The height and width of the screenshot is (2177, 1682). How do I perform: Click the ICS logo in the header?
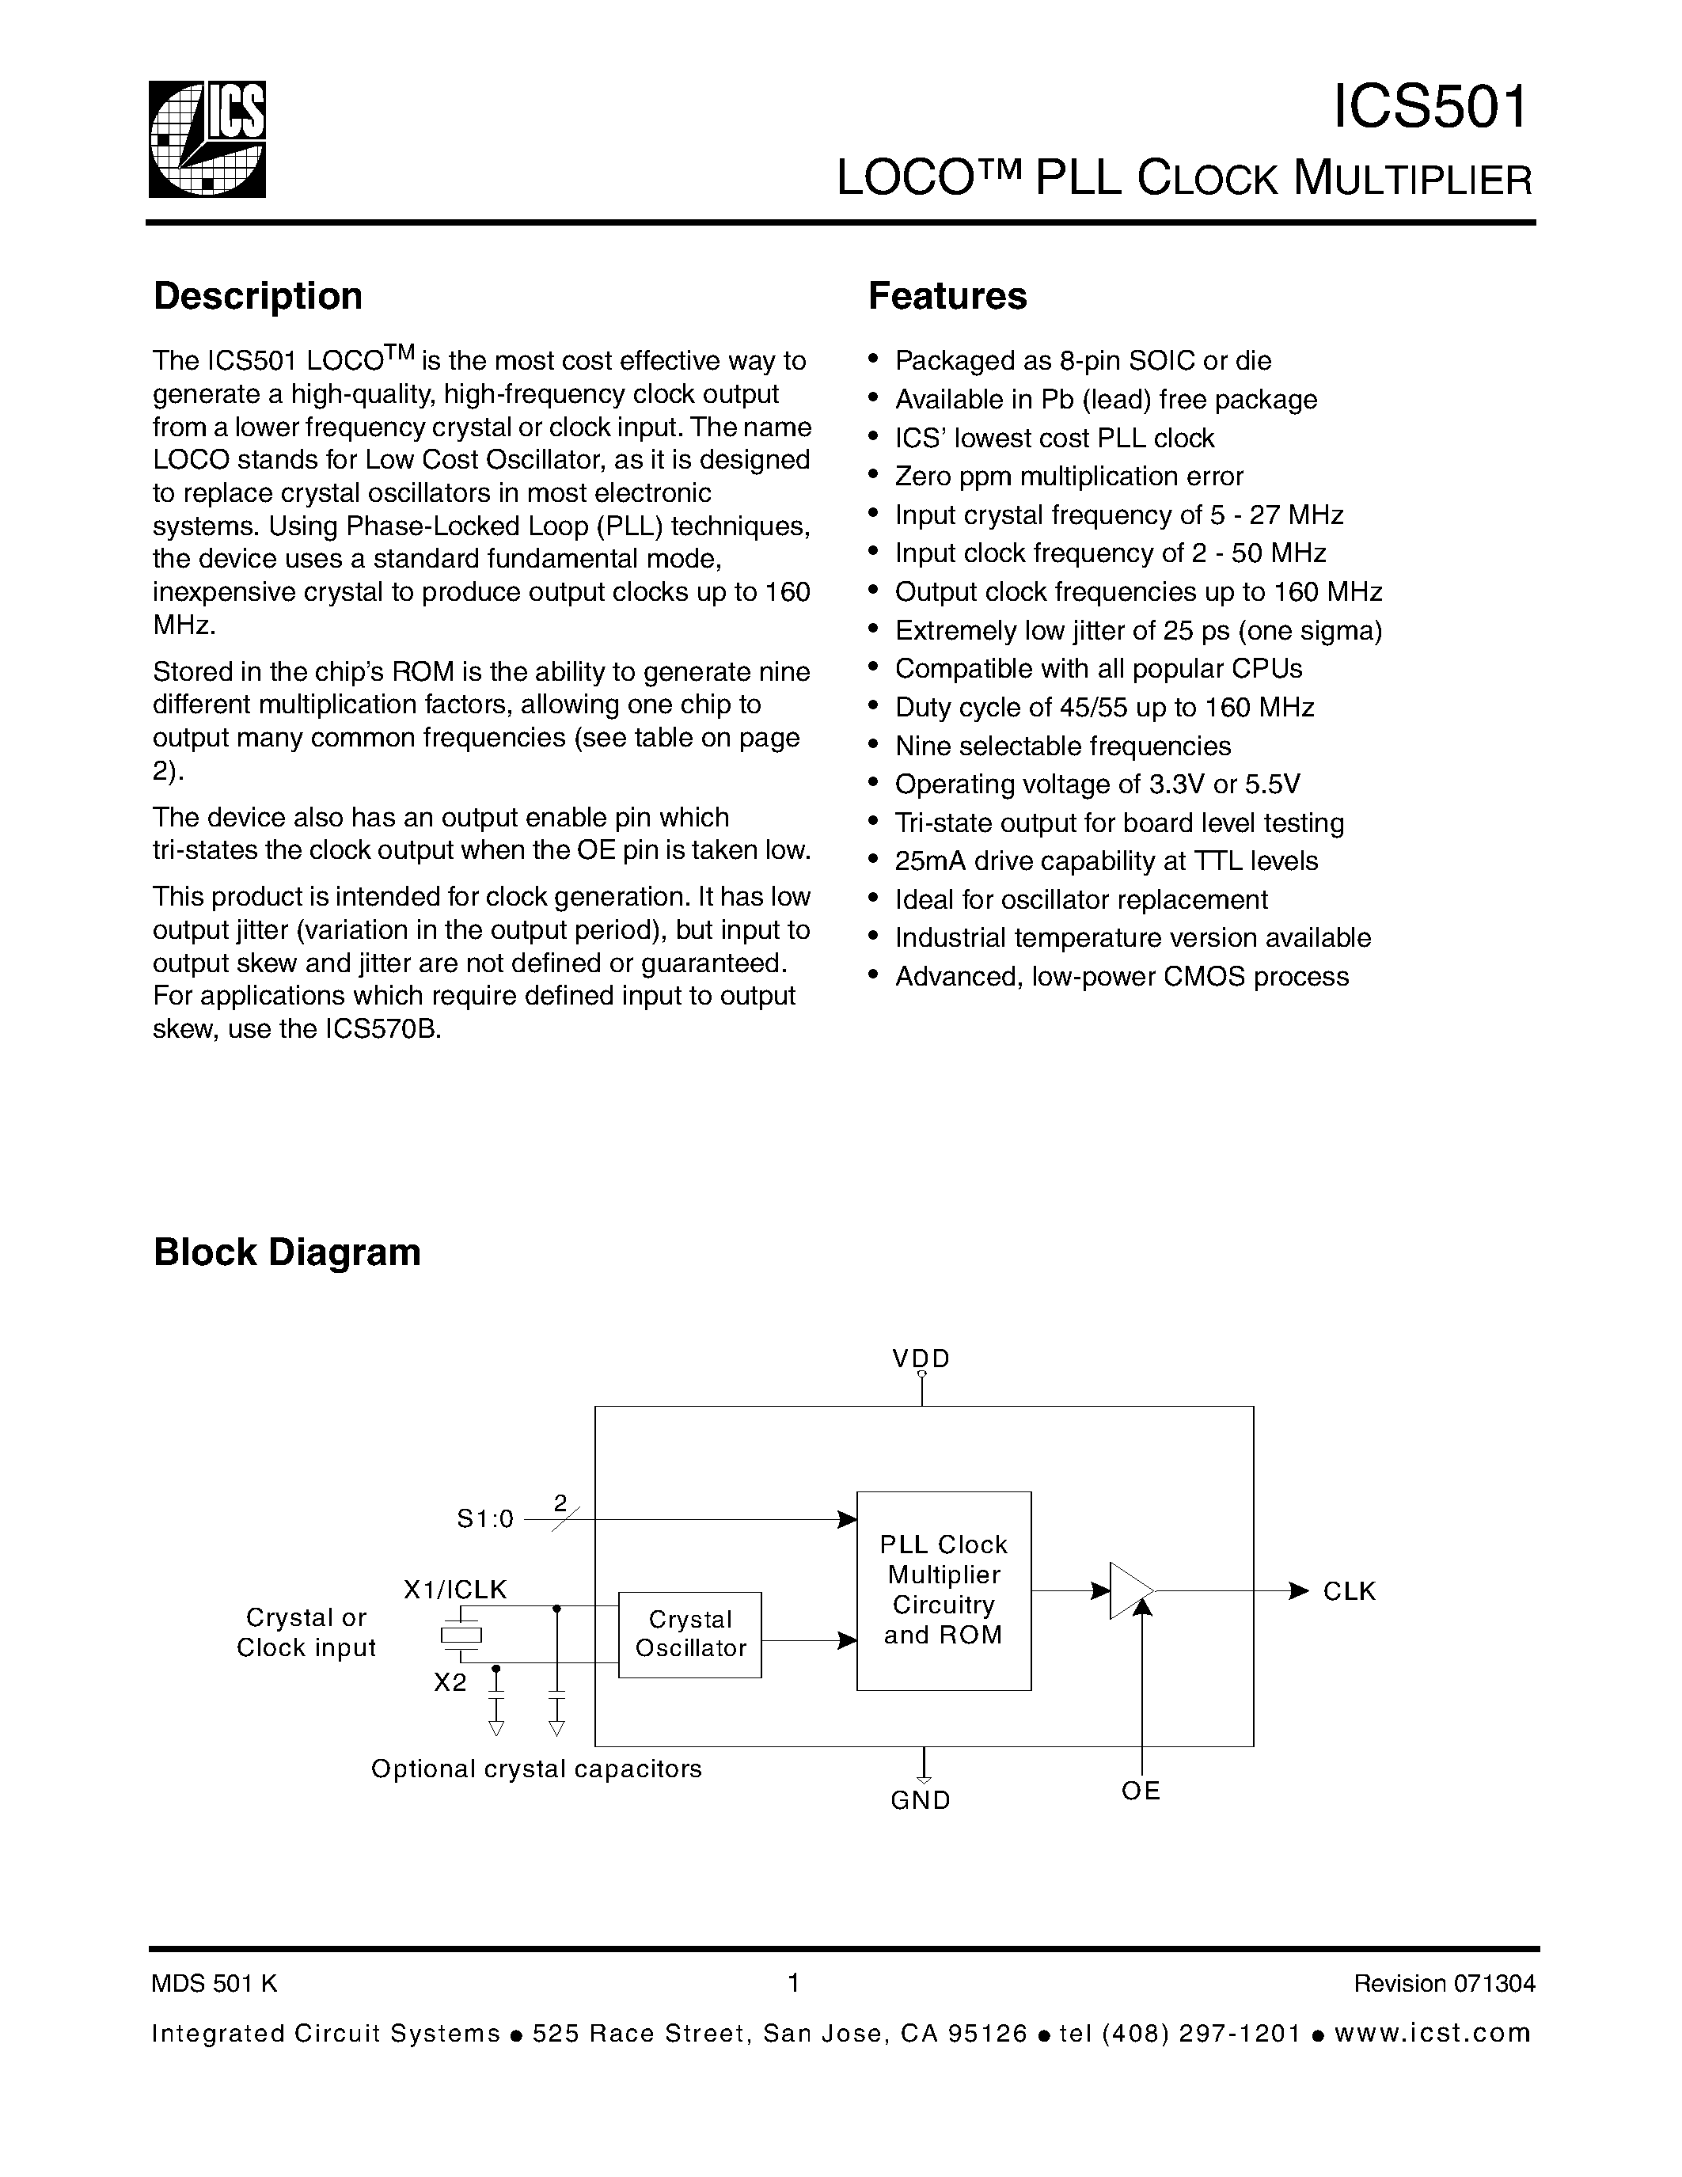pos(207,138)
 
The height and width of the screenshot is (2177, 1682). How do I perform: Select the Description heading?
pos(257,296)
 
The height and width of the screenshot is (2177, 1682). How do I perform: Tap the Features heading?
pos(947,296)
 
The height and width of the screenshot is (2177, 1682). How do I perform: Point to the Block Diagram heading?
pos(287,1253)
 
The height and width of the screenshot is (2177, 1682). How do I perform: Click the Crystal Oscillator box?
pos(689,1634)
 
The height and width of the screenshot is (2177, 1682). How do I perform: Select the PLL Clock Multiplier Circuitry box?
pos(943,1590)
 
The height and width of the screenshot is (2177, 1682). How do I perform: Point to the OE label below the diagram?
pos(1141,1791)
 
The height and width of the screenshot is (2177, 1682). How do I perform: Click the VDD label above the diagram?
pos(921,1358)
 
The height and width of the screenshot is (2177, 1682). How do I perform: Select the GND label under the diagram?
pos(921,1800)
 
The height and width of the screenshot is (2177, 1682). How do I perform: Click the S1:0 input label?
pos(485,1519)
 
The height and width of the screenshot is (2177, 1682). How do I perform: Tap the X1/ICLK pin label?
pos(454,1590)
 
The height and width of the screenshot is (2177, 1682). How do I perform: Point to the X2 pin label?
pos(450,1682)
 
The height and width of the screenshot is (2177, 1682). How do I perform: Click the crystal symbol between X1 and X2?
pos(461,1635)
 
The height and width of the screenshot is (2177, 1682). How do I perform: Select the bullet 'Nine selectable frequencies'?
pos(1062,746)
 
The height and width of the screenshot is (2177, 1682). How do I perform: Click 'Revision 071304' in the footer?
pos(1444,1984)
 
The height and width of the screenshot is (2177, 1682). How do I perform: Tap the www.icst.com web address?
pos(1432,2034)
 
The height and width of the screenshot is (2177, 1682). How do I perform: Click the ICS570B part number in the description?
pos(382,1028)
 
